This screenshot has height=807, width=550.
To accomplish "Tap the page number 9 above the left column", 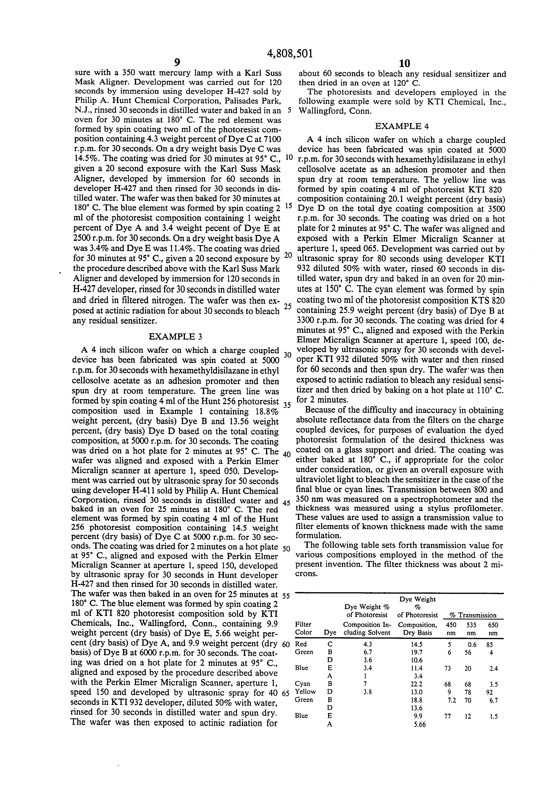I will click(x=177, y=63).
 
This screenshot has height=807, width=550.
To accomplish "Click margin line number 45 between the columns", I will click(x=286, y=503).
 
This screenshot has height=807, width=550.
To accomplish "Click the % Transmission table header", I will click(x=473, y=615).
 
